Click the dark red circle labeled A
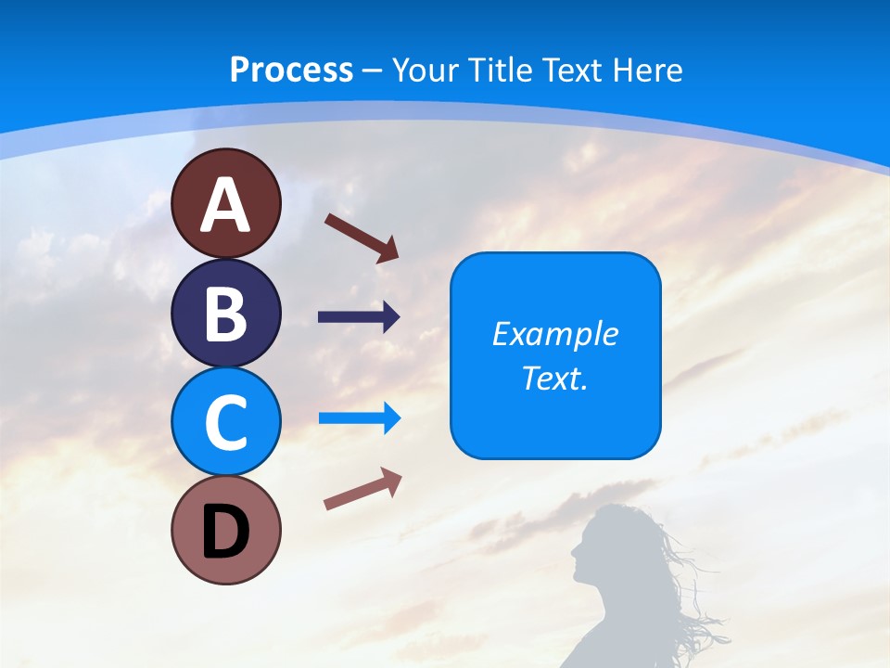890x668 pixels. click(x=225, y=203)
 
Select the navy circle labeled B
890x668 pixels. click(x=225, y=313)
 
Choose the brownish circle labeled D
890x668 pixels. click(x=225, y=530)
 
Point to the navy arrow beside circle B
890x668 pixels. click(x=359, y=317)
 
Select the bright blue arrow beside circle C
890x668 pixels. click(x=359, y=417)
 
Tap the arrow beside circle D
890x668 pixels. click(x=362, y=489)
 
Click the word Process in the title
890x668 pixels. click(x=291, y=70)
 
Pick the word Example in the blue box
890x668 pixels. click(x=555, y=334)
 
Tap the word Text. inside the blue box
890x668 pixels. click(x=555, y=379)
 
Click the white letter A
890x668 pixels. click(x=225, y=205)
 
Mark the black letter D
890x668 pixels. click(x=225, y=532)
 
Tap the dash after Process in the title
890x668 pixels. click(x=373, y=71)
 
